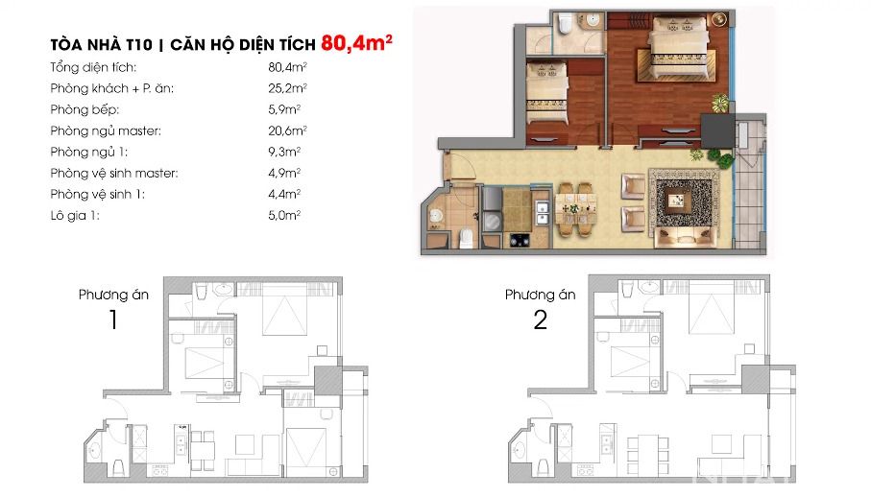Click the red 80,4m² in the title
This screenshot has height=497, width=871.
point(356,43)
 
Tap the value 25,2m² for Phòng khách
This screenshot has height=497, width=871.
point(287,88)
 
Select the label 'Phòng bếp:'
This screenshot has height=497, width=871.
point(85,109)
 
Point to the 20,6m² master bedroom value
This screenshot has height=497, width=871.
point(287,130)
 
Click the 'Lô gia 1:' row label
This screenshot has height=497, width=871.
point(75,215)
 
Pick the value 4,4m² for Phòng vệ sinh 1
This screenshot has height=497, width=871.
point(284,194)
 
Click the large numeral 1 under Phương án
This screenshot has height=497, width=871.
point(113,319)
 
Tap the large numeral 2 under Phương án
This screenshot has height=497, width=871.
point(540,319)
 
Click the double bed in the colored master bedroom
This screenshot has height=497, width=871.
point(679,48)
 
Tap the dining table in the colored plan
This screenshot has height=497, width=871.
point(577,209)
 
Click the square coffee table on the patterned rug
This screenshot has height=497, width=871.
point(675,201)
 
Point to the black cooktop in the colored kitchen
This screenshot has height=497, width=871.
point(520,240)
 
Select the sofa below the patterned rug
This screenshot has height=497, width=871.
point(685,237)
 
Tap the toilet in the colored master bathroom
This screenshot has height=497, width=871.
point(566,23)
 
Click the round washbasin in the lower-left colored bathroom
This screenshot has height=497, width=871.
point(437,216)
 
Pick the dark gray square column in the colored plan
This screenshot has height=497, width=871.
point(717,130)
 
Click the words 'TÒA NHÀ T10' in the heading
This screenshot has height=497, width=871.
point(101,44)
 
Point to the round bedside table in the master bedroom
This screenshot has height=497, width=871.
point(719,19)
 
